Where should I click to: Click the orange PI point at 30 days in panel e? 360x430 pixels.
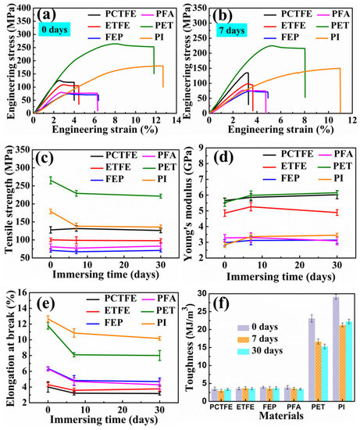(159, 339)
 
